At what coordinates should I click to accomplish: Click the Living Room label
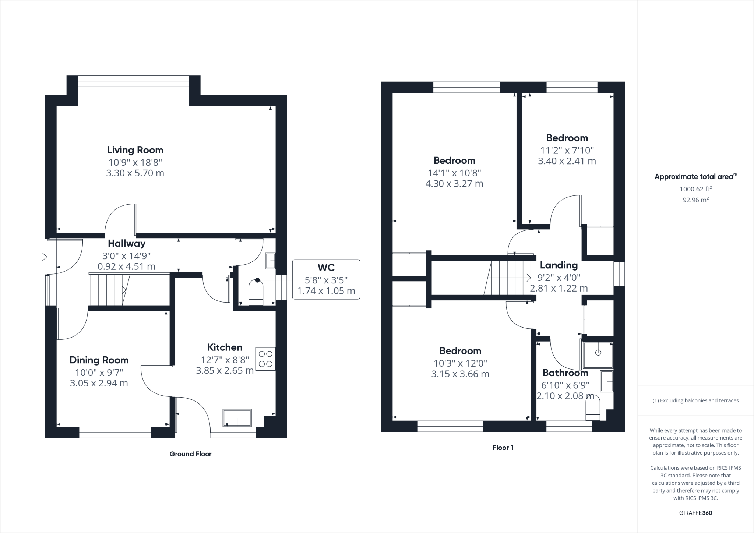coord(135,150)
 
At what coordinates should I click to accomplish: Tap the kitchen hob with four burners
coord(265,359)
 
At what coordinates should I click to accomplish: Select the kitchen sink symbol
coord(237,418)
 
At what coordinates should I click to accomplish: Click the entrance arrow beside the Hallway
coord(43,257)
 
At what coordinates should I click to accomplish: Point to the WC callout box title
coord(326,267)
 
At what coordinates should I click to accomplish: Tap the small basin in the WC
coord(271,261)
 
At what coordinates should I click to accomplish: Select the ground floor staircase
coord(109,290)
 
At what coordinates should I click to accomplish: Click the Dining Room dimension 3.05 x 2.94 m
coord(99,383)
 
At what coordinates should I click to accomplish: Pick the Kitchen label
coord(225,347)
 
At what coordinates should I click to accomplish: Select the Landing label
coord(559,265)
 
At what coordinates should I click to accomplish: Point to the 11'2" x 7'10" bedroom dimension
coord(567,150)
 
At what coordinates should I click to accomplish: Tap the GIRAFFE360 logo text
coord(695,513)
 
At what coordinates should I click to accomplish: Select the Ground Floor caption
coord(190,454)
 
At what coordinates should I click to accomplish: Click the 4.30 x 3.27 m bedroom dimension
coord(454,183)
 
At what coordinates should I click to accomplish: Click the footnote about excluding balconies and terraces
coord(695,400)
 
